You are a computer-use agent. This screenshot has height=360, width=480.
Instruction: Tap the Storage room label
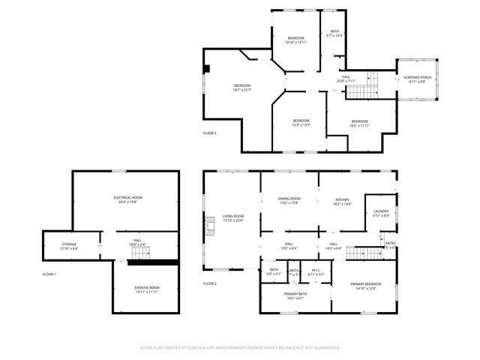69,244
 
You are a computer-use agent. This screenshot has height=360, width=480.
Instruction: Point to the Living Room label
233,218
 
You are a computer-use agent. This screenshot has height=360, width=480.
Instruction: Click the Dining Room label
289,200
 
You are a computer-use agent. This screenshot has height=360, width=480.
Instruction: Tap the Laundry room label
381,214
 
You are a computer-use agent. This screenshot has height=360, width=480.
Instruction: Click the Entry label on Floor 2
390,244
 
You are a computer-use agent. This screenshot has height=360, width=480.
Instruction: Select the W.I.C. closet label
316,272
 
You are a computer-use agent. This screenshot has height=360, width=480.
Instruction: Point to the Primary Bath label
295,295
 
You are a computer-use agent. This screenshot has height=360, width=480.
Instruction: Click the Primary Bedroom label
366,286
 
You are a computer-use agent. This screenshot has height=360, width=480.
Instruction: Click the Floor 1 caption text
49,274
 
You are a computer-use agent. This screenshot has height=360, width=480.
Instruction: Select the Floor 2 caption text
210,283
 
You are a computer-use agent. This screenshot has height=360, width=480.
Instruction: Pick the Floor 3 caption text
210,133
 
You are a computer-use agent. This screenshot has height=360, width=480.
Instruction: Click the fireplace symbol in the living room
211,223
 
